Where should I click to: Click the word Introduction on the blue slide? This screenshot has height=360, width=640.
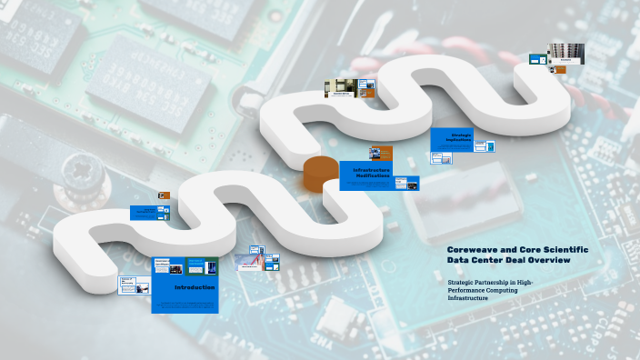(195, 287)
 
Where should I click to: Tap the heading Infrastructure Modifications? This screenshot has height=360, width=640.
(371, 173)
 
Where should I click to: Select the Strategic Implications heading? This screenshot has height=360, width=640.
(461, 136)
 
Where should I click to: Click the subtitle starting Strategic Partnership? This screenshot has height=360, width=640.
(491, 290)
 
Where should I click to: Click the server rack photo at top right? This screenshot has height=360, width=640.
(565, 54)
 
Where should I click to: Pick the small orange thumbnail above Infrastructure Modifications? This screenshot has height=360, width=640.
(380, 153)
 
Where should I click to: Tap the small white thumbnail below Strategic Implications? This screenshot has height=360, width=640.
(441, 158)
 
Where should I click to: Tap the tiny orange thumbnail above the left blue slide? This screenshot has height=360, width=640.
(165, 195)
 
